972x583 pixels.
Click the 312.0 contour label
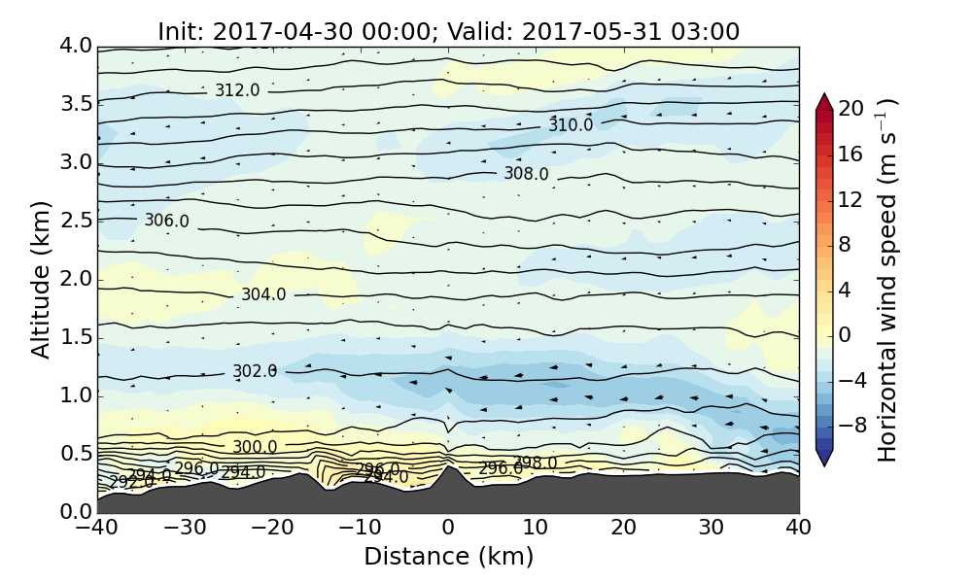237,90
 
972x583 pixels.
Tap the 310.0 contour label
571,125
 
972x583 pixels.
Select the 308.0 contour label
526,174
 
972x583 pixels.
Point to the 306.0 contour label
166,221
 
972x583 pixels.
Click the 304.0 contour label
263,294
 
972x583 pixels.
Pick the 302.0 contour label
255,371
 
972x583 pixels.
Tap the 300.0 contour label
255,447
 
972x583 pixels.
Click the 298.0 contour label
535,463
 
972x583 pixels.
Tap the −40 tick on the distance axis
97,529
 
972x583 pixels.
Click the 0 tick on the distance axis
448,529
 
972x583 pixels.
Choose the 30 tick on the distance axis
712,529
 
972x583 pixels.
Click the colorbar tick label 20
851,109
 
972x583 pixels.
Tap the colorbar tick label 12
851,199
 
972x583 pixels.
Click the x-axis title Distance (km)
448,557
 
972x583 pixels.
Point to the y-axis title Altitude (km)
41,279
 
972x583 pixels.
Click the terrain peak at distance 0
448,467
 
